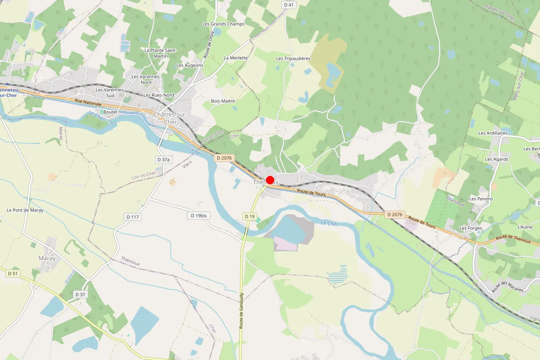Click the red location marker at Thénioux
[270, 180]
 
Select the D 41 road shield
[289, 5]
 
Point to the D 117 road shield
[133, 217]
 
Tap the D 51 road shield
[13, 273]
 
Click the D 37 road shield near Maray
[80, 294]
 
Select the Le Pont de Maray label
[25, 210]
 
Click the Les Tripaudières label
[293, 58]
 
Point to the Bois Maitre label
[223, 101]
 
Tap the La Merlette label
[236, 58]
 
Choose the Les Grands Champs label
[223, 24]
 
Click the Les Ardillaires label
[493, 133]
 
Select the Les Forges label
[471, 228]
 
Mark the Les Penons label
[481, 199]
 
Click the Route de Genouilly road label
[242, 310]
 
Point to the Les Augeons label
[190, 65]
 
